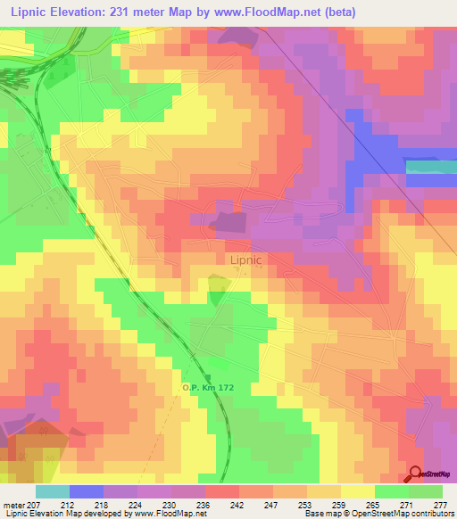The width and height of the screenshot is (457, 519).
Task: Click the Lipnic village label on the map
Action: [245, 260]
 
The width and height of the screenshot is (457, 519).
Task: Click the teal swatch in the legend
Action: [53, 491]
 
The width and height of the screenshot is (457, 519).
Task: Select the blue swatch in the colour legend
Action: [87, 491]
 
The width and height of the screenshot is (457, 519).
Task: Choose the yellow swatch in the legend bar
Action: [358, 491]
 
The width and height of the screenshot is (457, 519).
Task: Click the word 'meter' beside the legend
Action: [15, 504]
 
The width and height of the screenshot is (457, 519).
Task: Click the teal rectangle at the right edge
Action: [431, 167]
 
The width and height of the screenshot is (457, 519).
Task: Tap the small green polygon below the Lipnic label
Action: [218, 290]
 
